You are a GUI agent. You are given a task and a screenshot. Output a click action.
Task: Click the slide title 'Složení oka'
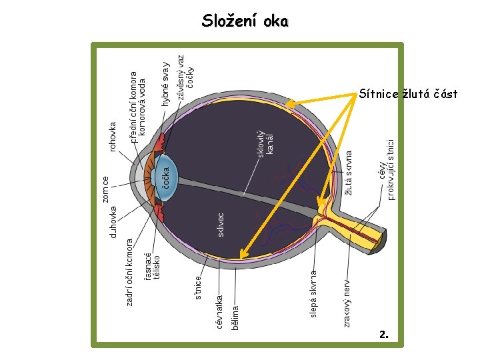coord(245,21)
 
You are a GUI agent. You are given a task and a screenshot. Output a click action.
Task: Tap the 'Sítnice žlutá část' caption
coord(407,94)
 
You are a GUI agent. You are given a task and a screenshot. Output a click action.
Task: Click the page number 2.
coord(383,333)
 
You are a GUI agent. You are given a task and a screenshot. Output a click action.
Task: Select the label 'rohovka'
coord(113,135)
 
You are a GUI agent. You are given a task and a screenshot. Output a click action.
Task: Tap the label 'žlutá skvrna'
coord(349,172)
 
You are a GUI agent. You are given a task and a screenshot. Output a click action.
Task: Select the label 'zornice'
coord(105,189)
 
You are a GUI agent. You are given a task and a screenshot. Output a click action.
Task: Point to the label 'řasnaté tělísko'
coord(152,263)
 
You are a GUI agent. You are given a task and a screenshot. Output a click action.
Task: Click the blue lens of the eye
coord(169,177)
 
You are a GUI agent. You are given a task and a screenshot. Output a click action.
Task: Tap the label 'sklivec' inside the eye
coord(221,224)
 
